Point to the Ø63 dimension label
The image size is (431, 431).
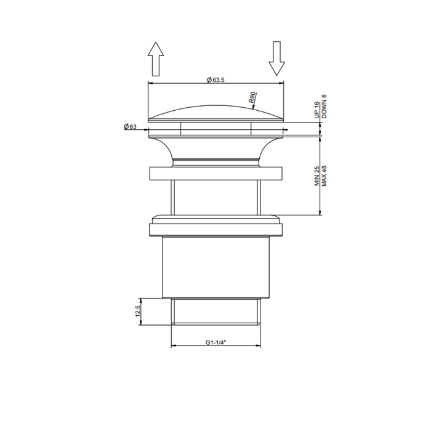pyautogui.click(x=130, y=126)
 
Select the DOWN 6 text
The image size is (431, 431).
pyautogui.click(x=324, y=106)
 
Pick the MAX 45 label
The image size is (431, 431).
pyautogui.click(x=324, y=175)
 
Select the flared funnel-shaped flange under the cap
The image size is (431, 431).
pyautogui.click(x=216, y=148)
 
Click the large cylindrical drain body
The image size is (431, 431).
pyautogui.click(x=216, y=268)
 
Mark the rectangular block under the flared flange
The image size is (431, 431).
pyautogui.click(x=216, y=173)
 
